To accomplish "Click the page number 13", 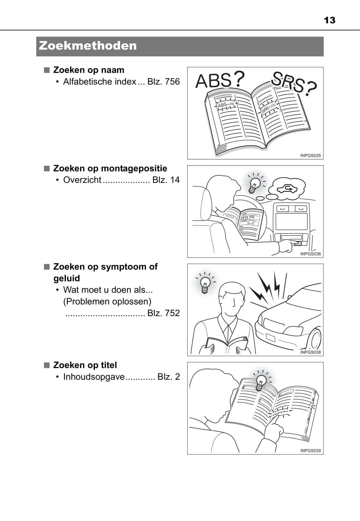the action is coord(329,20).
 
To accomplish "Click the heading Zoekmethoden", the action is coord(88,46).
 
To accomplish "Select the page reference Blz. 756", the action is coord(164,82).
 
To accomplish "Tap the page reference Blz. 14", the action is coord(166,180).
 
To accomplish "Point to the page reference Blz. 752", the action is coord(164,313).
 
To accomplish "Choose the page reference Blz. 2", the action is coord(169,377).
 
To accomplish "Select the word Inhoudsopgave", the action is coord(94,377).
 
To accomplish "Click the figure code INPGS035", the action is coord(311,156).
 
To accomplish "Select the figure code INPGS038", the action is coord(311,352).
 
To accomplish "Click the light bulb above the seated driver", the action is coord(255,185).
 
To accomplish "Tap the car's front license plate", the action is coord(270,337).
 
